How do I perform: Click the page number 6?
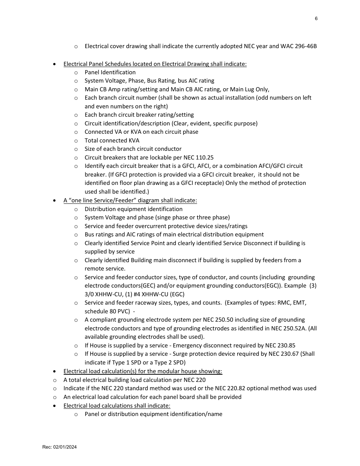click(x=316, y=19)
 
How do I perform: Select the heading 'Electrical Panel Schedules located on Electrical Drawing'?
click(x=155, y=64)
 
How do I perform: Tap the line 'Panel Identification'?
click(x=110, y=72)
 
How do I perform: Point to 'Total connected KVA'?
click(x=112, y=141)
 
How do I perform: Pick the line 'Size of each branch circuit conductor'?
click(x=133, y=149)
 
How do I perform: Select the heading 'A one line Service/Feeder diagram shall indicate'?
click(x=130, y=200)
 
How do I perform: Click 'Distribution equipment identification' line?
click(x=133, y=209)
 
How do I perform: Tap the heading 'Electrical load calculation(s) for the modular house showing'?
click(x=142, y=371)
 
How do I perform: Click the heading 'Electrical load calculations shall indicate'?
click(x=117, y=406)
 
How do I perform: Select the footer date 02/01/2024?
click(x=65, y=447)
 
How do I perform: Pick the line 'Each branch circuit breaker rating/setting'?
click(x=139, y=115)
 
